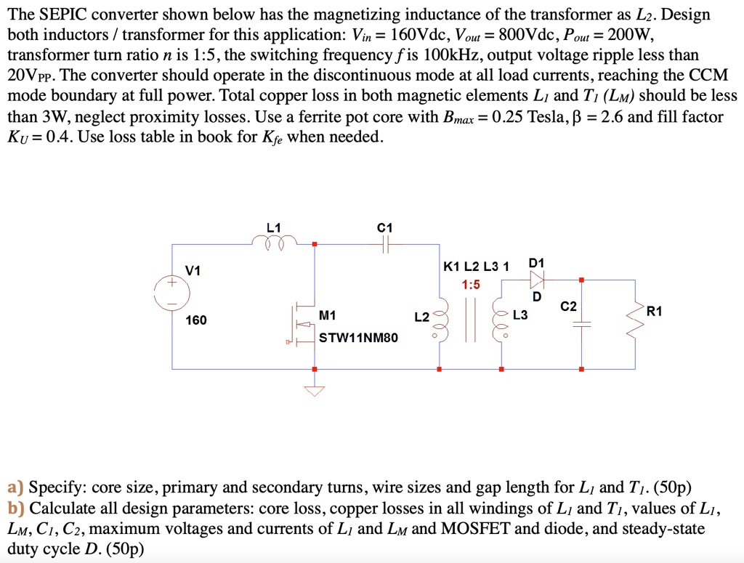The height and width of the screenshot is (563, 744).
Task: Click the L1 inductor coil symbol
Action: tap(274, 242)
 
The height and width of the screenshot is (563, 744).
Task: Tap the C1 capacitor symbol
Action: tap(385, 245)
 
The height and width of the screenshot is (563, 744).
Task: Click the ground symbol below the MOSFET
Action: tap(315, 390)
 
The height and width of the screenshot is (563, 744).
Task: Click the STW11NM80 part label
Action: tap(358, 338)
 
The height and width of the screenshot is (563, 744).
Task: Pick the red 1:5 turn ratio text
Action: tap(471, 285)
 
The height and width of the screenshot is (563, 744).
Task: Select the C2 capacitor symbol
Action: tap(581, 324)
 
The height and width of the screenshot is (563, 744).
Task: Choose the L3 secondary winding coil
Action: tap(500, 320)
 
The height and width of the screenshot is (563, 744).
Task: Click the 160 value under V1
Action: tap(197, 320)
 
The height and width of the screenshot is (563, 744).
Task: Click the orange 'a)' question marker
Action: tap(16, 487)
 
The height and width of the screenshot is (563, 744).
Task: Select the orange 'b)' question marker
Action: tap(17, 508)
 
